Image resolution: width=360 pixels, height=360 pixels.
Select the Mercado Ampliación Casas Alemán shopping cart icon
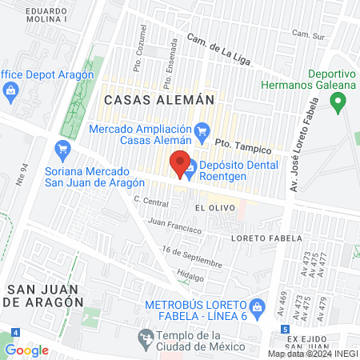202,130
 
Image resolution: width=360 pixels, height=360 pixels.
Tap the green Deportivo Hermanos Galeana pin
338,102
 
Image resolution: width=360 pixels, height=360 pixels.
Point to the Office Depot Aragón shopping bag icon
9,90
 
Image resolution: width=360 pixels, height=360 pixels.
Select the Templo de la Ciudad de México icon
145,340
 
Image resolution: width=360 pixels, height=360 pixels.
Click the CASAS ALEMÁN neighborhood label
159,100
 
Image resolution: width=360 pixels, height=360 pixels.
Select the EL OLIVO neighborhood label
212,206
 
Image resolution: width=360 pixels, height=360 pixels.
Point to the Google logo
26,350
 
